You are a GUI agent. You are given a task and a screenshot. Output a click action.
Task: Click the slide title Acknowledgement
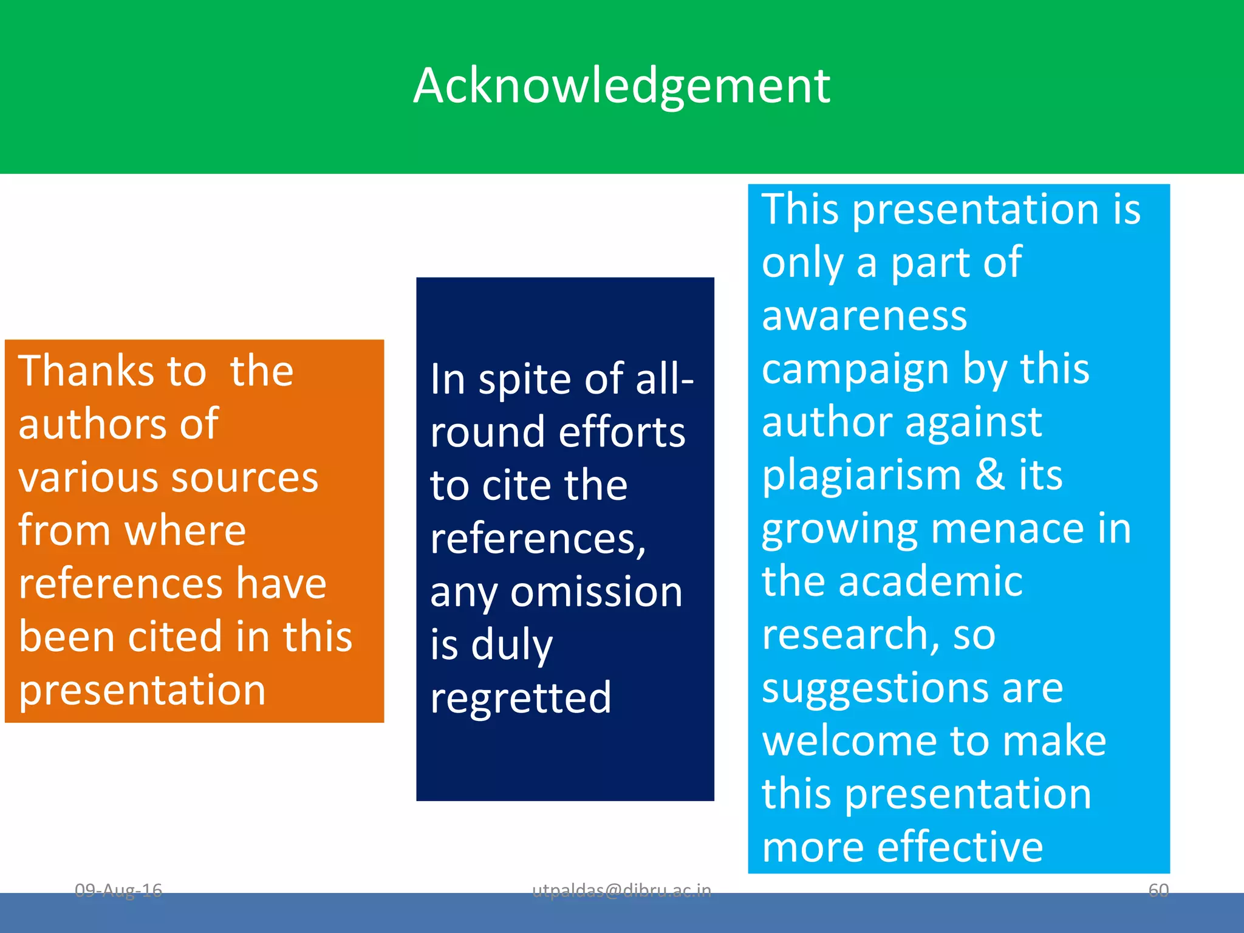pos(621,86)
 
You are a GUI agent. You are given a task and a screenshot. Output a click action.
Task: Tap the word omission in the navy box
pos(596,592)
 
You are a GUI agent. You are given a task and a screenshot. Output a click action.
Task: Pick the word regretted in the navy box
pos(521,698)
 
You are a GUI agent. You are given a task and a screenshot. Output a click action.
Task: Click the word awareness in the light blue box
pos(864,316)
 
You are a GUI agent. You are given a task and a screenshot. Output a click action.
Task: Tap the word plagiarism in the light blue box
pos(861,475)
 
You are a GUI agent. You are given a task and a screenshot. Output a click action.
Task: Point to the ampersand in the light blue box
pos(990,475)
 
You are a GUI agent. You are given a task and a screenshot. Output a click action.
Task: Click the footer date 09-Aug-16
pos(118,890)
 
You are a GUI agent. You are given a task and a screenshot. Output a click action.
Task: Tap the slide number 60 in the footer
pos(1158,890)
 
